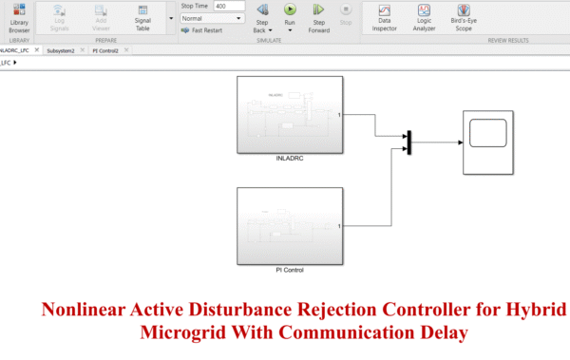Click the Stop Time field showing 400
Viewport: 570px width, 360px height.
point(229,6)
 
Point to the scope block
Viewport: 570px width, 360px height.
point(488,142)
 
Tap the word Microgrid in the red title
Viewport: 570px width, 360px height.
point(184,334)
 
